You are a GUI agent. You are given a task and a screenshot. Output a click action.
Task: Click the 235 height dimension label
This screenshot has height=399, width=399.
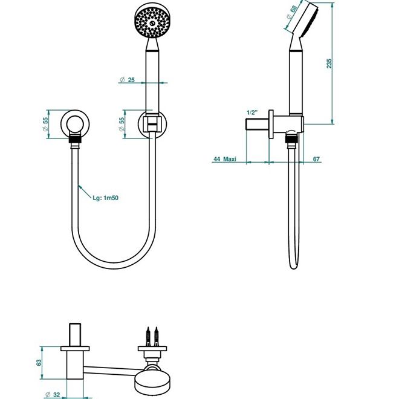coord(329,63)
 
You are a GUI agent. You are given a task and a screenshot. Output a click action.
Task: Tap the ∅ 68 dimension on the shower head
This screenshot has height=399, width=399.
coord(291,13)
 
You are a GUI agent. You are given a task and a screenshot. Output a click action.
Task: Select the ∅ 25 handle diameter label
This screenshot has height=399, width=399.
coord(127,80)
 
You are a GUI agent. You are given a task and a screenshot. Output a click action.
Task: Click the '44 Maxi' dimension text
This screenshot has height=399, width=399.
coord(225,159)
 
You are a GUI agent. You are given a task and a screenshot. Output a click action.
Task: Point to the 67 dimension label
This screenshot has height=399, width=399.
coord(316,159)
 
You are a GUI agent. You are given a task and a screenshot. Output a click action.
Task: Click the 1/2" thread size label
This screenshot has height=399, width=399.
coord(252,112)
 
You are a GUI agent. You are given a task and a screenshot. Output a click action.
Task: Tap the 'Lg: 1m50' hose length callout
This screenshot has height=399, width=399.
coord(105,198)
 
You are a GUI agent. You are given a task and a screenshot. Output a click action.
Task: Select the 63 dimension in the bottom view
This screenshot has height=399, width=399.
coord(39,362)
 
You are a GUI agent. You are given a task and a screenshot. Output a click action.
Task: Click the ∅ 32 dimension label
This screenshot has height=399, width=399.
coord(53,395)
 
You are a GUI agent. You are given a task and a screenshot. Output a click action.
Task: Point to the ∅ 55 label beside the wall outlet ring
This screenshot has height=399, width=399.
coord(45,124)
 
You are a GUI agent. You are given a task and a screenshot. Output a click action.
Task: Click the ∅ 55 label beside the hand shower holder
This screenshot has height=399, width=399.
coord(122,124)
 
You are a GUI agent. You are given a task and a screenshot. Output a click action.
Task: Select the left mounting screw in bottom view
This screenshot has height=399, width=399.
coord(148,336)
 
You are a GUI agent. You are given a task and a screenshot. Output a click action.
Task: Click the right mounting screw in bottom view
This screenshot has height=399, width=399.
coord(156,336)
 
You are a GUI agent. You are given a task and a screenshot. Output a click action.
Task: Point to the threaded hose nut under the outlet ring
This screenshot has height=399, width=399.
coord(75,140)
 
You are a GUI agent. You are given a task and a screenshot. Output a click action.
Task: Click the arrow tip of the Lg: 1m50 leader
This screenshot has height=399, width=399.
coord(79,186)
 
